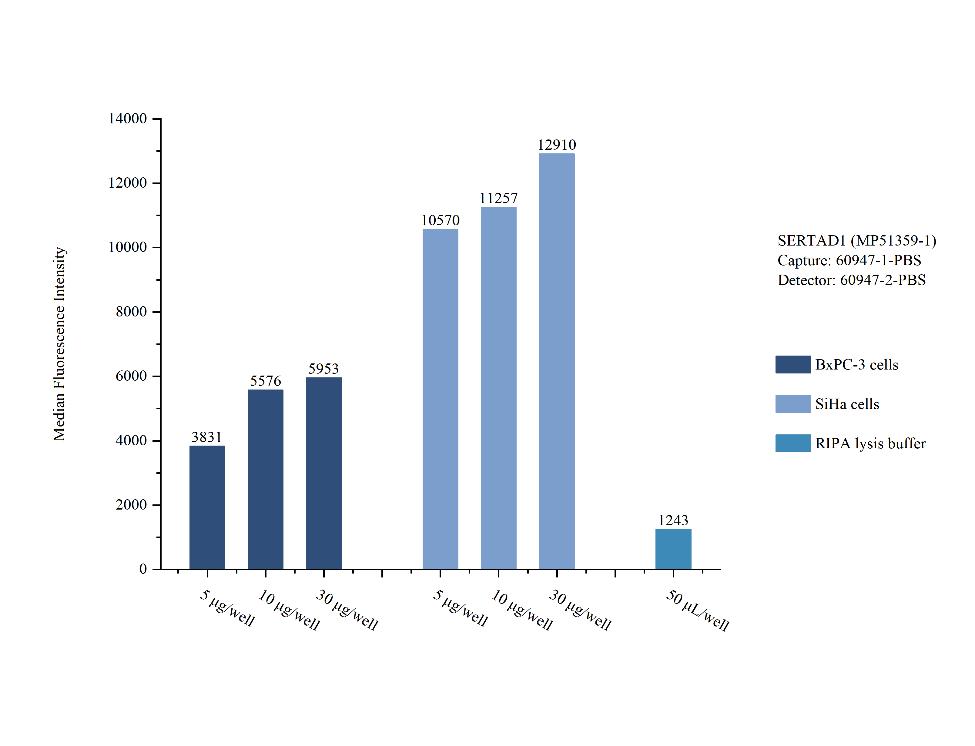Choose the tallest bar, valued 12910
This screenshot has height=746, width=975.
(x=556, y=361)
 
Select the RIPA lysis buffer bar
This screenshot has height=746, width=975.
(x=673, y=549)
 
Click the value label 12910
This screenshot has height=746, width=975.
(x=556, y=145)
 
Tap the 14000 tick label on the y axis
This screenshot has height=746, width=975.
(x=127, y=119)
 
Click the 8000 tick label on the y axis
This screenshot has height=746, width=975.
(x=131, y=312)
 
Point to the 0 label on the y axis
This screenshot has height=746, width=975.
(x=143, y=569)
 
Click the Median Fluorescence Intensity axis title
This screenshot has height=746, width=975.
(x=59, y=344)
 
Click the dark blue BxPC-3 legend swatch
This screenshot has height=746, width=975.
(x=793, y=365)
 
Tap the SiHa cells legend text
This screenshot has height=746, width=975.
(x=847, y=404)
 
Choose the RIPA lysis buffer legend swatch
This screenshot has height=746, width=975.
(x=793, y=443)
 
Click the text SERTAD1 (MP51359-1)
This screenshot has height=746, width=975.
(x=856, y=241)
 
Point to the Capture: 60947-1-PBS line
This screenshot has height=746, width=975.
(x=849, y=260)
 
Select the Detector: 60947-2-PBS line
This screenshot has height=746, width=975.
(x=851, y=280)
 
